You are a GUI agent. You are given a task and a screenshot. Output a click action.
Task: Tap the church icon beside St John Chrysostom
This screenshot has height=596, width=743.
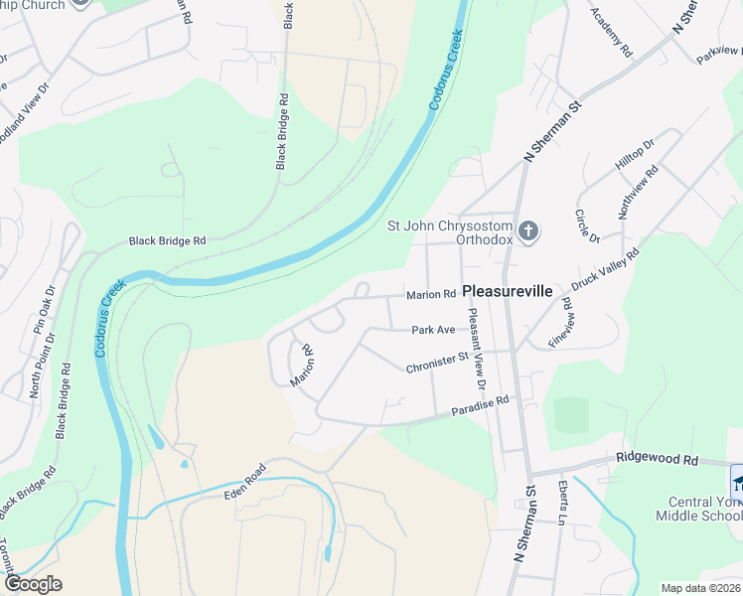click(529, 232)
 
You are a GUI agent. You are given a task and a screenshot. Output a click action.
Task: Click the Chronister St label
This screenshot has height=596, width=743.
click(436, 363)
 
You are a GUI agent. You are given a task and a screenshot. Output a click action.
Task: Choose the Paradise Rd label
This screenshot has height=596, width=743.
click(480, 405)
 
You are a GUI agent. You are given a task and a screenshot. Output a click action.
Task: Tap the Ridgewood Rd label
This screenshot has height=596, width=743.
click(657, 460)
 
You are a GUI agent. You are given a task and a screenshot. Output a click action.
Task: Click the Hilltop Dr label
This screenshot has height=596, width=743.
click(635, 156)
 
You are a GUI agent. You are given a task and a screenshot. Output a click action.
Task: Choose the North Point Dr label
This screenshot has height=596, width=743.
click(42, 365)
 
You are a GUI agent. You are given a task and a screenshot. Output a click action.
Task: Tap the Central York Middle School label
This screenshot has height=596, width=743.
click(698, 507)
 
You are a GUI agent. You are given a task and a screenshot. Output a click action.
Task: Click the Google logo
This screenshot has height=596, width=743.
click(33, 584)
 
